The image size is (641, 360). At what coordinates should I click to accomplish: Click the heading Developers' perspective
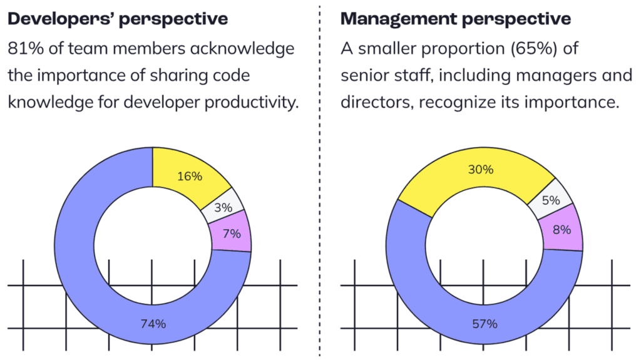point(117,19)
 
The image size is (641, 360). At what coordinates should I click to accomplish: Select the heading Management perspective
point(455,19)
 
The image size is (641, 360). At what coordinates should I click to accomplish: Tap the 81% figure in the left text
point(23,48)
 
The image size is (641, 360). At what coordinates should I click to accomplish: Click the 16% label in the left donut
point(190,177)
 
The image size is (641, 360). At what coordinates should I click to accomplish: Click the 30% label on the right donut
point(481,170)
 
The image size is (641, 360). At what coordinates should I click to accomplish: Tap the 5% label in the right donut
point(551,201)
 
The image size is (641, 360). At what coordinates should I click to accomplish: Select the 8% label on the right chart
point(562,230)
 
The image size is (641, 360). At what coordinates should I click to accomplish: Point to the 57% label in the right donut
point(484,324)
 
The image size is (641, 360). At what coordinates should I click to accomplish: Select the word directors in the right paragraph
point(373,102)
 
